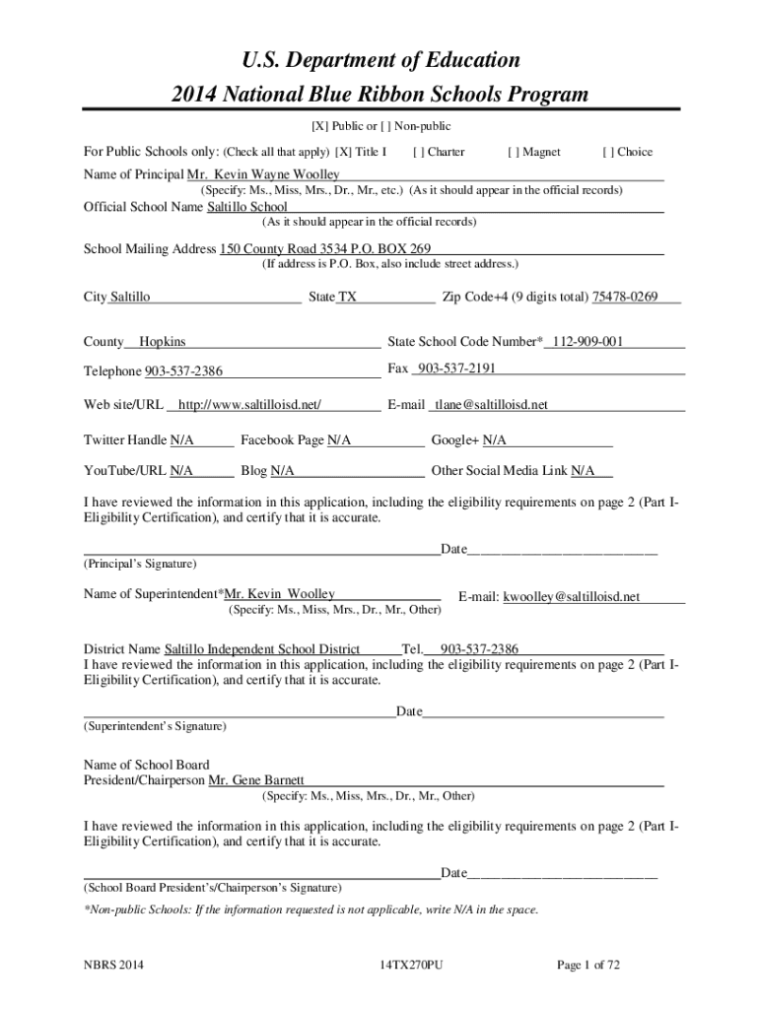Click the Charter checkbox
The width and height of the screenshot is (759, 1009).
[419, 152]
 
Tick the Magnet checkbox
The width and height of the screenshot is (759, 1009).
[513, 152]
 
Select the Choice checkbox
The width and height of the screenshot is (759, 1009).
[607, 152]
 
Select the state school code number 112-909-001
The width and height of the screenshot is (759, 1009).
[587, 342]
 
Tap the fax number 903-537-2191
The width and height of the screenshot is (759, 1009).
[456, 368]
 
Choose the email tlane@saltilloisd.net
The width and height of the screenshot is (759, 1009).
[492, 405]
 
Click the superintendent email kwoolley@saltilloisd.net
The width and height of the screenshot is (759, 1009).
[572, 596]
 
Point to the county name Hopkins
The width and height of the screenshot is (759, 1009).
[162, 342]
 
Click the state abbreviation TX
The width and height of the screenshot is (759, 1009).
[348, 297]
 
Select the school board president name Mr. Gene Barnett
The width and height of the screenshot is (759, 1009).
[256, 780]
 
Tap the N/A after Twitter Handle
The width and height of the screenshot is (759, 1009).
[181, 439]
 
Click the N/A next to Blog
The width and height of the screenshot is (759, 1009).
[282, 471]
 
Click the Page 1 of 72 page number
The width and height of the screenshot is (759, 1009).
[588, 965]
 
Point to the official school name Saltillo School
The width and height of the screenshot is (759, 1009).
[247, 207]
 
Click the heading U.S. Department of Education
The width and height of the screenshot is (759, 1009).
[380, 60]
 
